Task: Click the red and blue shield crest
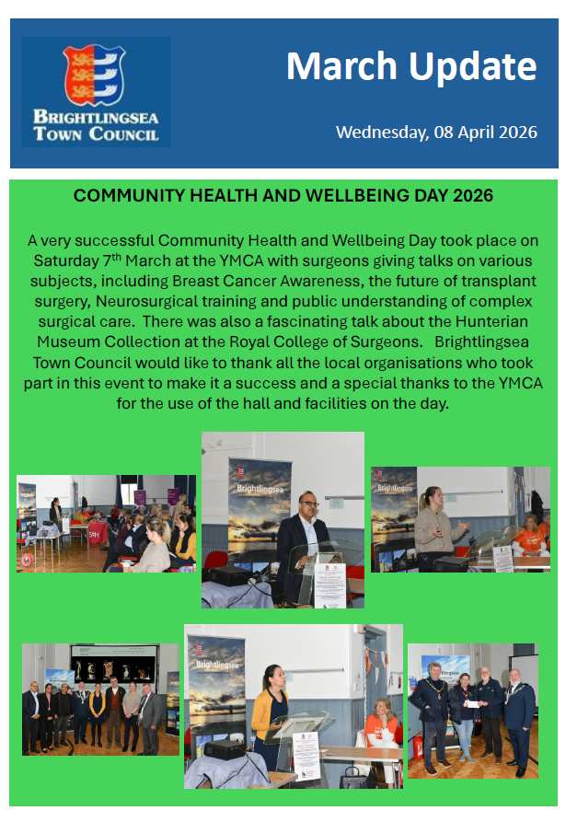click(94, 75)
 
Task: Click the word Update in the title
click(473, 67)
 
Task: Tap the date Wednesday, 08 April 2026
click(436, 133)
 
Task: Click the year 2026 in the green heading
click(473, 195)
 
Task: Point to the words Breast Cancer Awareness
click(266, 281)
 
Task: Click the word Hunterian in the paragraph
click(491, 321)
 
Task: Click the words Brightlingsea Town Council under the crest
click(96, 126)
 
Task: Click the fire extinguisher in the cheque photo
click(418, 745)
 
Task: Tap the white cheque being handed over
click(473, 704)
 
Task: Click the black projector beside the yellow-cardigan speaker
click(225, 748)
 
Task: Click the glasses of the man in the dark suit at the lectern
click(310, 504)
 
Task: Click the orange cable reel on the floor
click(28, 560)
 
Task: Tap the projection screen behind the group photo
click(114, 663)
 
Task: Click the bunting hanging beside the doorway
click(376, 662)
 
